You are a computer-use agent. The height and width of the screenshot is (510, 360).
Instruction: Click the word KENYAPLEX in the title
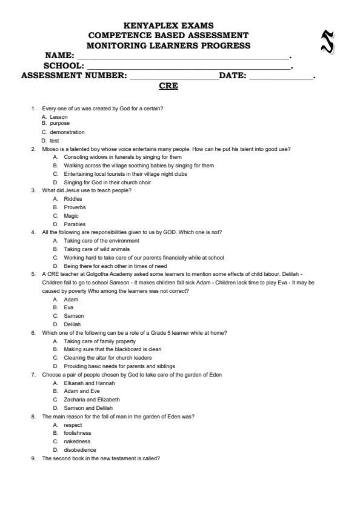145,25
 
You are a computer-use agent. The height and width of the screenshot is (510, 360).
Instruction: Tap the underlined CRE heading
168,86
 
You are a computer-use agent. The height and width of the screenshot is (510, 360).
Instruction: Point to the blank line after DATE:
281,76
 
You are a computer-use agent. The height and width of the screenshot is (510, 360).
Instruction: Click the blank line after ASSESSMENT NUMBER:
173,76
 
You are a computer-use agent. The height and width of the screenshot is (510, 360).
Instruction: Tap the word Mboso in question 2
49,149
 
